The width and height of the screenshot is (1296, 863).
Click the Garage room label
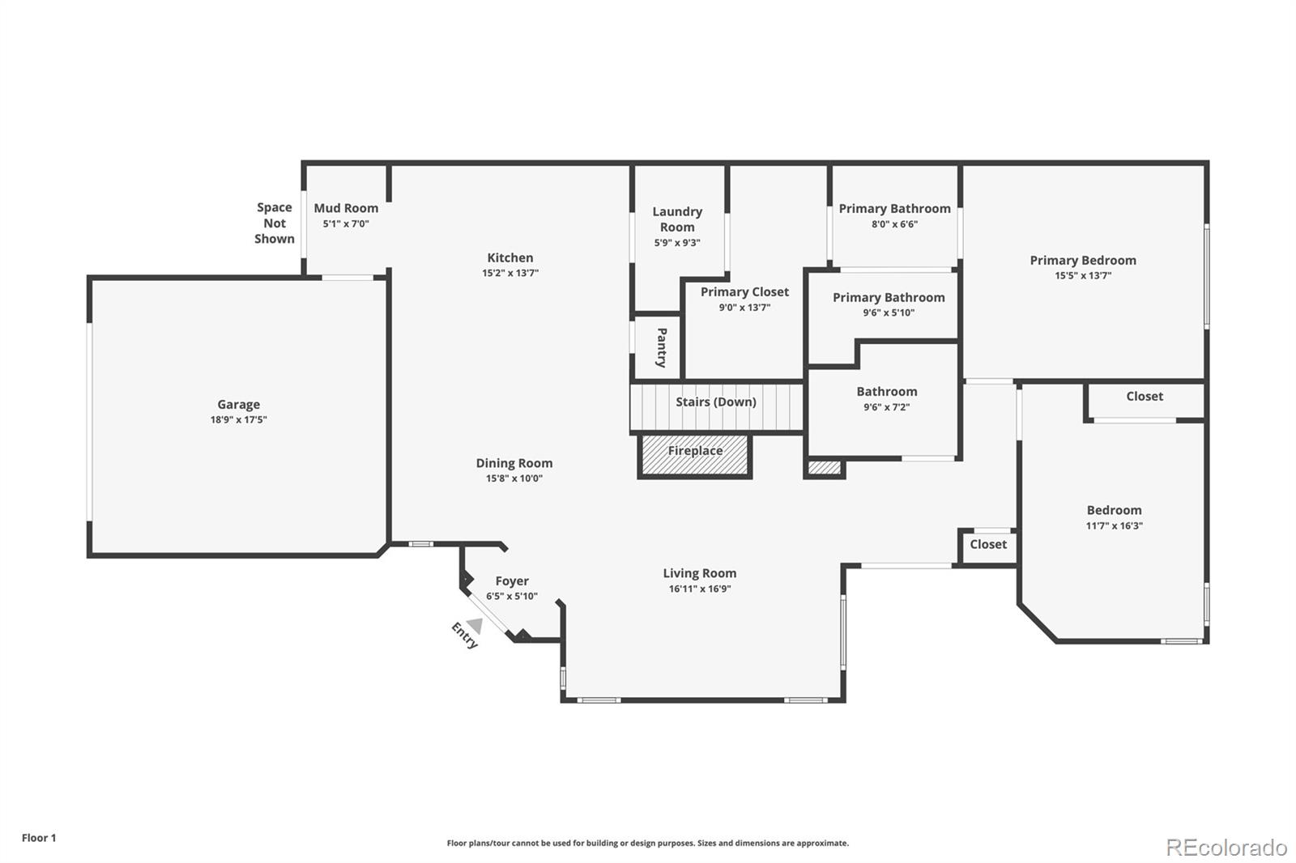(238, 404)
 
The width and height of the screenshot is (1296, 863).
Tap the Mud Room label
(346, 208)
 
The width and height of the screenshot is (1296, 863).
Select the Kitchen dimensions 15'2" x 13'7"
(510, 273)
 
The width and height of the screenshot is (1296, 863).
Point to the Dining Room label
(514, 463)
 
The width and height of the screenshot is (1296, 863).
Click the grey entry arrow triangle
(475, 625)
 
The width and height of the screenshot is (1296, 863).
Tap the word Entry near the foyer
(465, 635)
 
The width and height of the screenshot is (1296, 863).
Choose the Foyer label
(512, 581)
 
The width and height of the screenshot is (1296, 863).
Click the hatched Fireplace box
(695, 456)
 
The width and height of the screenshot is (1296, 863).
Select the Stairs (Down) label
(716, 402)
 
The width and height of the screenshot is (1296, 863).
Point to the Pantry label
(661, 347)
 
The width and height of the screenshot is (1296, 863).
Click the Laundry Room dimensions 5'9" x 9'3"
(677, 243)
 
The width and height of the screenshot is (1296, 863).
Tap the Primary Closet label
(744, 292)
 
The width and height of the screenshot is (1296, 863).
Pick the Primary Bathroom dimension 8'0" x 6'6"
(894, 224)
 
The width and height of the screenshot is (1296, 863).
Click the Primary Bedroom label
(1083, 261)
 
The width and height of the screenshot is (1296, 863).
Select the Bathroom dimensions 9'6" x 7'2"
(887, 407)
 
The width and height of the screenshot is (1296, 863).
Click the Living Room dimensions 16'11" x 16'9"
(700, 589)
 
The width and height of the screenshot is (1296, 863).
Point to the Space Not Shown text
(275, 223)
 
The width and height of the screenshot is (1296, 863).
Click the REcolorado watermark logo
(1227, 848)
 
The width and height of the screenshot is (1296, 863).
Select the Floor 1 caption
(40, 838)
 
